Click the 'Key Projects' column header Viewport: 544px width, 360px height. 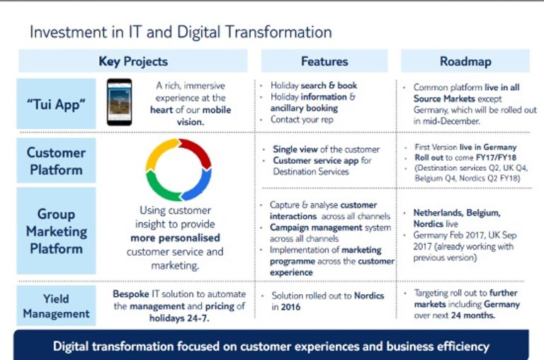tap(133, 61)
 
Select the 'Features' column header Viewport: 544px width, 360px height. tap(324, 61)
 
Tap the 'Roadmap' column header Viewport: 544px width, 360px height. tap(465, 61)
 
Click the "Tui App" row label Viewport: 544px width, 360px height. tap(56, 103)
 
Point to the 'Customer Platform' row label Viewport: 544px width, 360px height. tap(56, 161)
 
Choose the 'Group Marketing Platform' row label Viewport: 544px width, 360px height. tap(56, 231)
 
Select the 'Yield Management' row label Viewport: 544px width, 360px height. tap(56, 306)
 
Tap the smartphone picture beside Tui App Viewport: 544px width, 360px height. tap(119, 102)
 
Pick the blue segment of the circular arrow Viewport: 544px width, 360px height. tap(200, 186)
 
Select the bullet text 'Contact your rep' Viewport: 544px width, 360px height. tap(302, 120)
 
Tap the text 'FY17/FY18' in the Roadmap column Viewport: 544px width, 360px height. tap(496, 157)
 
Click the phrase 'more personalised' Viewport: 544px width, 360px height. tap(175, 238)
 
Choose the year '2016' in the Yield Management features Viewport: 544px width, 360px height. tap(290, 307)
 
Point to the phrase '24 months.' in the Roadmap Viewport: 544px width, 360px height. tap(473, 315)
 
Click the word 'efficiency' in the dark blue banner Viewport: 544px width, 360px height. tap(463, 347)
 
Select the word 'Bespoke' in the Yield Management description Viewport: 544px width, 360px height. tap(131, 294)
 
